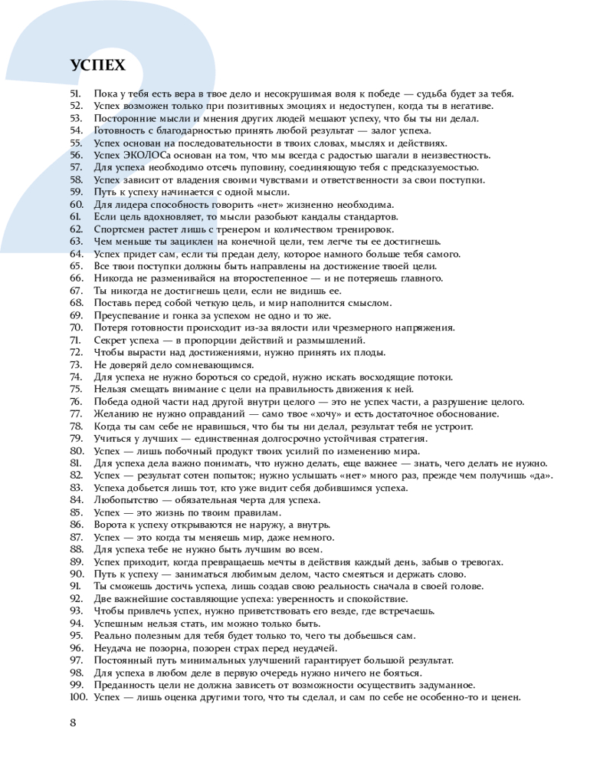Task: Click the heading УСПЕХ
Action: point(97,64)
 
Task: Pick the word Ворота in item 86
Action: point(110,525)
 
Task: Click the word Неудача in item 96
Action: point(113,648)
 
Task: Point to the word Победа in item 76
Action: point(113,402)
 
